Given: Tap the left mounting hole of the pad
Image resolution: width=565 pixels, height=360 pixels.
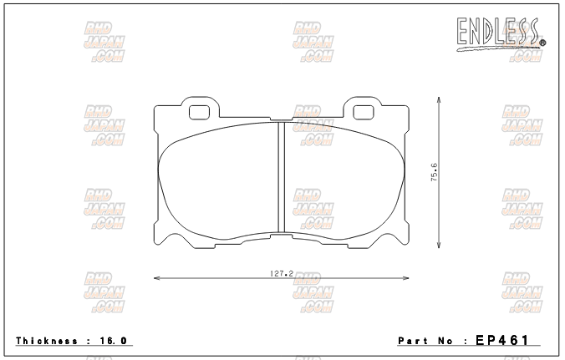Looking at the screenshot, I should click(x=200, y=113).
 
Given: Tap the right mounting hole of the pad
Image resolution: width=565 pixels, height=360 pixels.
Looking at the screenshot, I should click(x=364, y=113).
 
